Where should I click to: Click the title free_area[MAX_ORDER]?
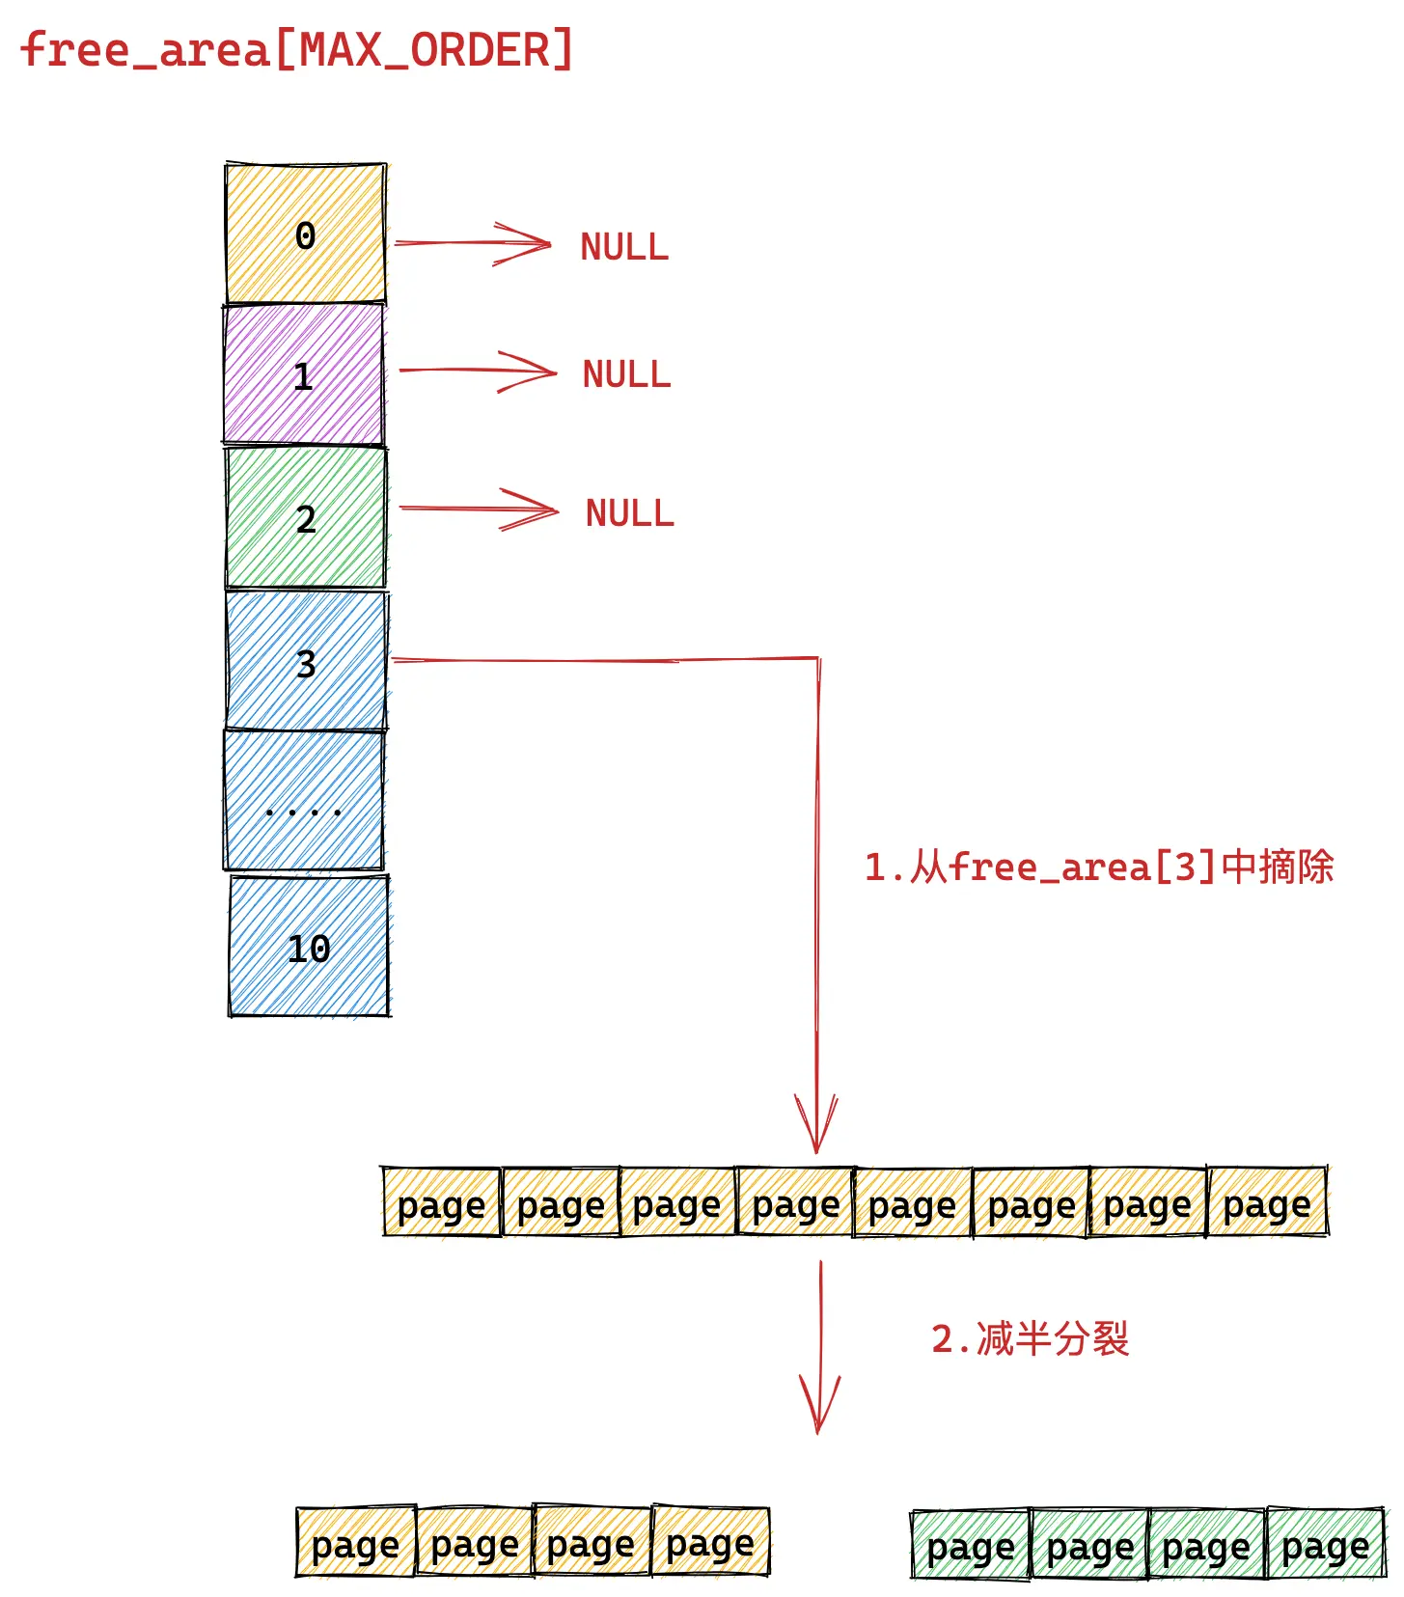[x=297, y=50]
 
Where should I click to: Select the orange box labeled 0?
[x=306, y=234]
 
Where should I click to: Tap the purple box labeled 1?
[x=304, y=374]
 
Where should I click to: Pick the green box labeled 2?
[x=306, y=517]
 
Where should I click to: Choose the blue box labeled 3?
[x=307, y=660]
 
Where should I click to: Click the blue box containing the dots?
[x=304, y=800]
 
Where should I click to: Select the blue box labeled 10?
[x=310, y=946]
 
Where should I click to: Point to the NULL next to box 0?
[x=624, y=247]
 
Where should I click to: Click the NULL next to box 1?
[x=626, y=374]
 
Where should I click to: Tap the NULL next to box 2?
[x=630, y=513]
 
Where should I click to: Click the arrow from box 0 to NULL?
[x=473, y=243]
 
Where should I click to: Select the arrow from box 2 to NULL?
[x=479, y=509]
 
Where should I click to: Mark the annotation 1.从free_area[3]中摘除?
[x=1099, y=867]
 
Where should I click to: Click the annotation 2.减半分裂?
[x=1030, y=1339]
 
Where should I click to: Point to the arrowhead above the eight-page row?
[x=816, y=1124]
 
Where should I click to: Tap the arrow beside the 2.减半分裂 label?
[x=820, y=1347]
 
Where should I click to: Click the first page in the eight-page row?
[x=442, y=1201]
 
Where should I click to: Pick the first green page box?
[x=971, y=1545]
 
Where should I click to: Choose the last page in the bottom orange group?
[x=711, y=1541]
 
